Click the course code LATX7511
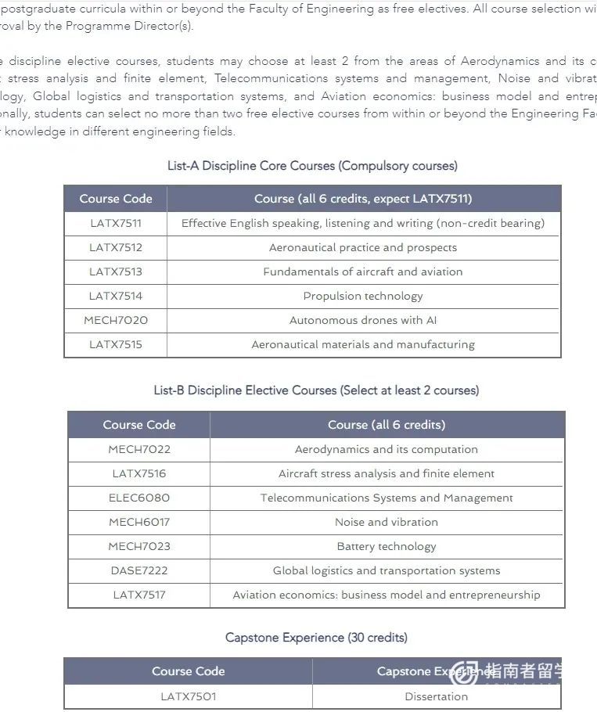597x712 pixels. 116,223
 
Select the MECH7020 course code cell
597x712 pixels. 116,320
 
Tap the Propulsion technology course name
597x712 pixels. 363,296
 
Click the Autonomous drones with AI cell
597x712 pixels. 363,320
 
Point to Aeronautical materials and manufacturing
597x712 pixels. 363,344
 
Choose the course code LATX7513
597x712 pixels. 116,271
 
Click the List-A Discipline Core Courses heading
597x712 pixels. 312,166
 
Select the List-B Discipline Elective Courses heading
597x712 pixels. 316,390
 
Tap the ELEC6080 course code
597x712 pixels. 139,498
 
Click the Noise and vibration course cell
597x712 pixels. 387,522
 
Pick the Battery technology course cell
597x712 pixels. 387,546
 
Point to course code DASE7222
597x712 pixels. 139,570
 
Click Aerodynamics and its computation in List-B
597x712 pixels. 387,449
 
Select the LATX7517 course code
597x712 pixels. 139,595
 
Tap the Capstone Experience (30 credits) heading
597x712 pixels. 316,638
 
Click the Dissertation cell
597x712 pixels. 437,696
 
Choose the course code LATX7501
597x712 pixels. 189,696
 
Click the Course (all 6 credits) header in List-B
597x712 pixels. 387,425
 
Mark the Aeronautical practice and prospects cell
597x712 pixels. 363,247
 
